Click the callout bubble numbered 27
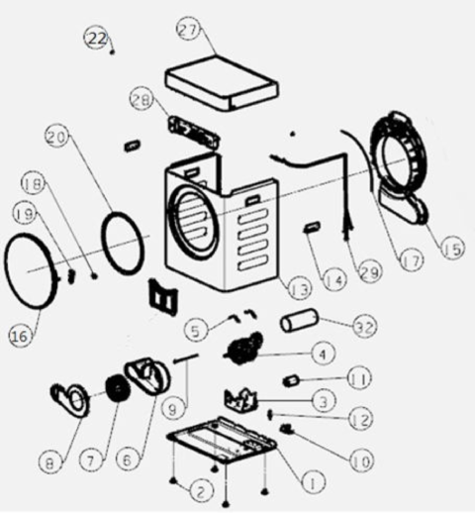coord(189,29)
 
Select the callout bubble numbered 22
coord(97,39)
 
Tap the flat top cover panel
coord(222,84)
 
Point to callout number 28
coord(142,100)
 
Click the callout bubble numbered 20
coord(57,138)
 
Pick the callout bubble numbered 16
coord(21,335)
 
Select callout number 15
coord(453,248)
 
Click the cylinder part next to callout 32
coord(299,320)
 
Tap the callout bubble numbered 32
coord(365,327)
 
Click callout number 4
coord(323,354)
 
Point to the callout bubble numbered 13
coord(300,289)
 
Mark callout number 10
coord(362,462)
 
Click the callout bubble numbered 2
coord(202,491)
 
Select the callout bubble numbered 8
coord(50,463)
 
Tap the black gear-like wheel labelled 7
coord(118,388)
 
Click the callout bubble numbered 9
coord(174,409)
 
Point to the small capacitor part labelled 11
coord(291,380)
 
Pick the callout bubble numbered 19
coord(26,214)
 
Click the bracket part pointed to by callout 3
coord(240,400)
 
